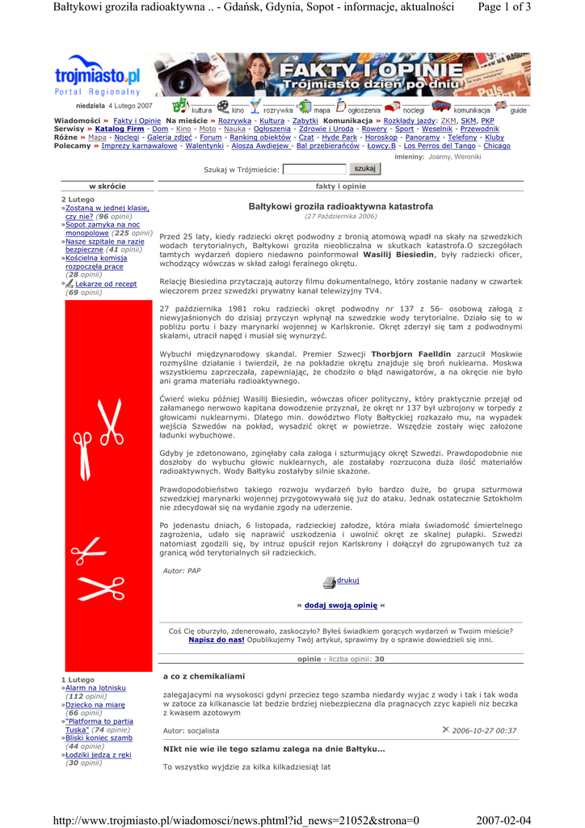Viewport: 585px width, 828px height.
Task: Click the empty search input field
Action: (314, 170)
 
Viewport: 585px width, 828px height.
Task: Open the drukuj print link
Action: (347, 581)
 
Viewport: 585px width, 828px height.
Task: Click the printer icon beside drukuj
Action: (329, 582)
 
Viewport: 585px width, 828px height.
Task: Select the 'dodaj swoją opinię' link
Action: (341, 605)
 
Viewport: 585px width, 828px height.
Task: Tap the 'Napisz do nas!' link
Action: (217, 639)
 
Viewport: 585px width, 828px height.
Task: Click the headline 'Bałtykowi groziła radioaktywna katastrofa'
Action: (340, 207)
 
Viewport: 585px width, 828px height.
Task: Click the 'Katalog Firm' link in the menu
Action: (120, 129)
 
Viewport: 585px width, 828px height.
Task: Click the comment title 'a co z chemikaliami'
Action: (204, 676)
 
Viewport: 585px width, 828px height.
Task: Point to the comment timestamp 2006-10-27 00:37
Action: (484, 730)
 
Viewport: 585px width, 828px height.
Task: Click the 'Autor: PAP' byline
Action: (182, 571)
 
